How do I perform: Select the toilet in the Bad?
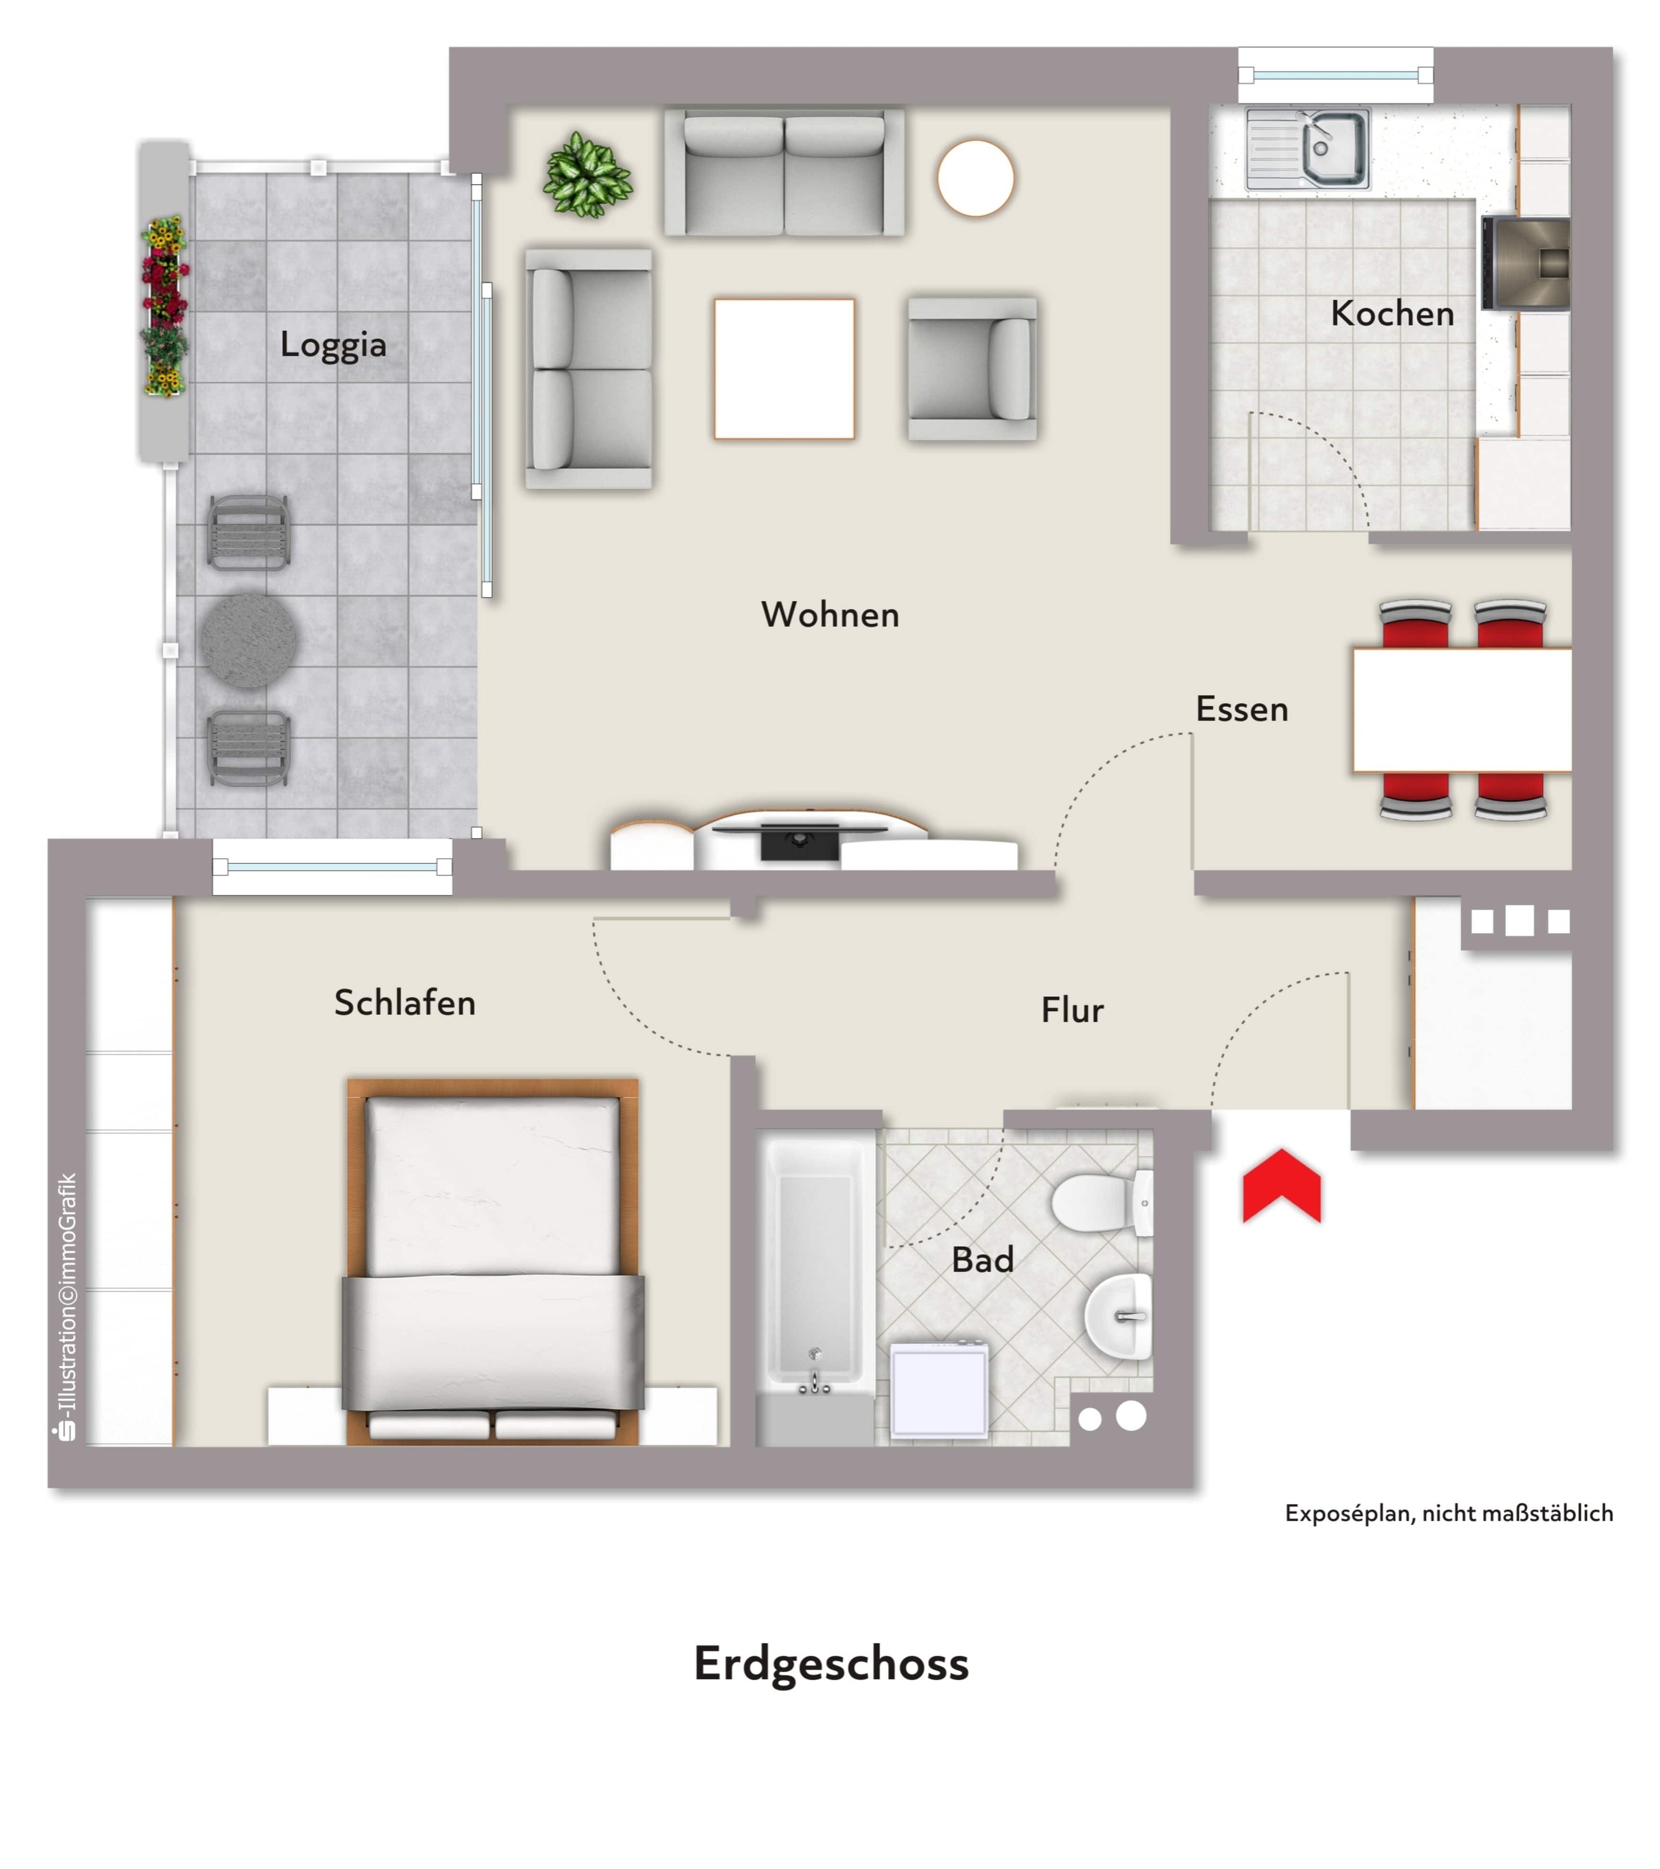[1102, 1202]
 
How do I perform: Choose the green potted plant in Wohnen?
[587, 175]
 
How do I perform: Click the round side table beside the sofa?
[975, 177]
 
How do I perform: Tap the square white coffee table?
[784, 369]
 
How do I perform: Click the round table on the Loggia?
[249, 640]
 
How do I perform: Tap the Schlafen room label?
[404, 1002]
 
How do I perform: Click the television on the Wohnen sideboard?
[799, 839]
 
